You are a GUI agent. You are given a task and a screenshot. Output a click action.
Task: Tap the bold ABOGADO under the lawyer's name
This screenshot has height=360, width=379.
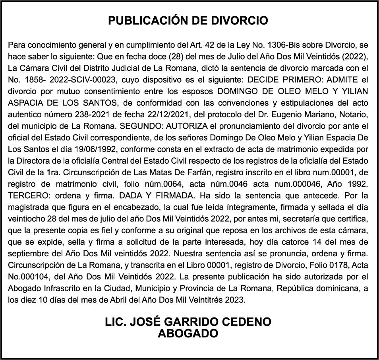pos(188,333)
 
